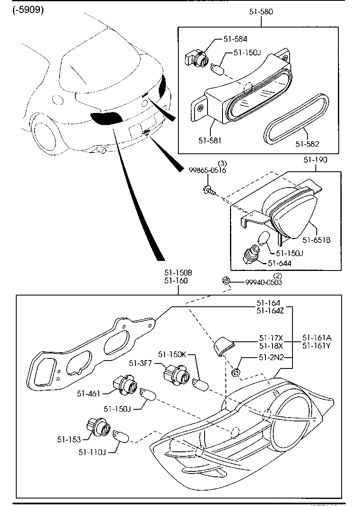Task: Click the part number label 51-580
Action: (x=261, y=12)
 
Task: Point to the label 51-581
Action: (x=210, y=140)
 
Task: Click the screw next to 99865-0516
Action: (x=208, y=190)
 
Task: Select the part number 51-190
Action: (x=315, y=160)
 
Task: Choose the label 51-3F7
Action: (x=140, y=363)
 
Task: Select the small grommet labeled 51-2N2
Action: (x=236, y=372)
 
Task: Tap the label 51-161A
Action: (x=316, y=338)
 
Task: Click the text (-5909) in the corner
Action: (x=28, y=10)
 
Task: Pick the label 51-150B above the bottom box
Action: (x=178, y=273)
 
